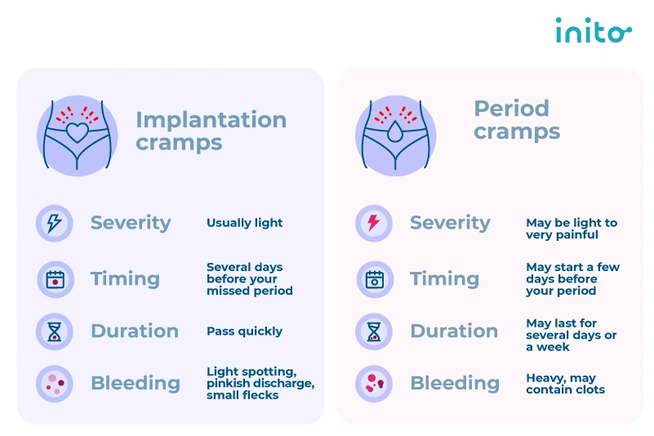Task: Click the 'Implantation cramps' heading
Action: pos(211,131)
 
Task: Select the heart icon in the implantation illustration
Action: pos(77,131)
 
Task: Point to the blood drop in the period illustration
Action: pos(395,132)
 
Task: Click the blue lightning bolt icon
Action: pos(55,223)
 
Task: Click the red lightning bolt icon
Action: pos(374,223)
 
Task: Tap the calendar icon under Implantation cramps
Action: pos(55,279)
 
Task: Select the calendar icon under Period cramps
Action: pos(374,279)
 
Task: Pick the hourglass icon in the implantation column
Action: pos(55,331)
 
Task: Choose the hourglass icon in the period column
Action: pos(374,331)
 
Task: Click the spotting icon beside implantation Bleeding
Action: pos(55,384)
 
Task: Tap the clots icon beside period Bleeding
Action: pos(374,384)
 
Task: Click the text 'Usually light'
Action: pos(244,223)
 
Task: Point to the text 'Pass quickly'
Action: pos(244,331)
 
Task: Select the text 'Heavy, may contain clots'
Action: pos(565,384)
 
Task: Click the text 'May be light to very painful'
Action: pos(572,229)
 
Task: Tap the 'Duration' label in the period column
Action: pos(454,331)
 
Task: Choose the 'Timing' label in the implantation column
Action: pos(125,279)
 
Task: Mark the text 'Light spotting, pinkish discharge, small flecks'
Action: pos(260,384)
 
